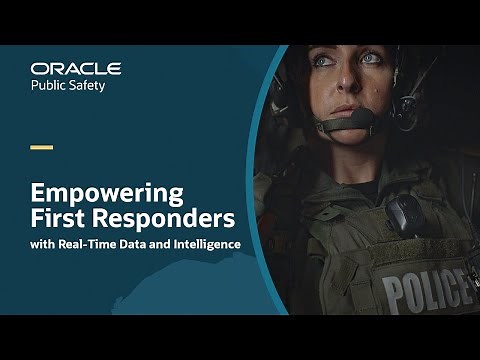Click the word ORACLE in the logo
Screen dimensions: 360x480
pos(76,68)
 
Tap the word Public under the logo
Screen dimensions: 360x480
pos(51,86)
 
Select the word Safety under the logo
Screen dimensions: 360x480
pos(99,86)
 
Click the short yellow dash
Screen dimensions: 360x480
pos(41,147)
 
